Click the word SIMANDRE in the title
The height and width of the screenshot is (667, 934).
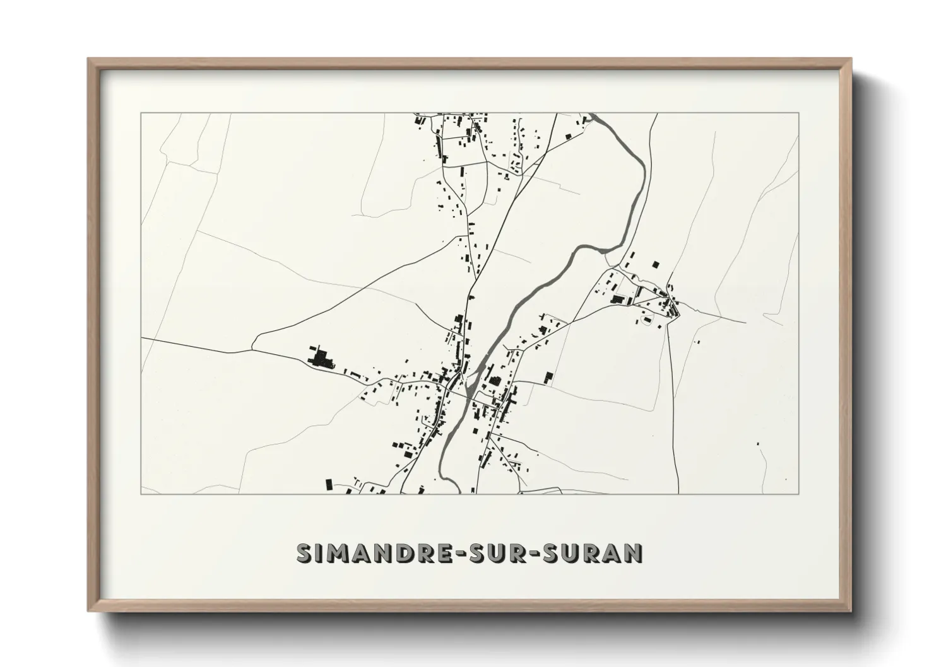[x=372, y=552]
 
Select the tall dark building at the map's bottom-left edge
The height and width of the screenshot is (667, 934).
[x=328, y=484]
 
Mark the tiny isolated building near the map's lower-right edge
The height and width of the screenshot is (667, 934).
[x=759, y=444]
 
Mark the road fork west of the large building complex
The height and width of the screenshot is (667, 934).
[x=252, y=349]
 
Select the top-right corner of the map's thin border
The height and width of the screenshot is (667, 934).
[x=799, y=113]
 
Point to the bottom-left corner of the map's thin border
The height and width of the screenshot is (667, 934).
[x=141, y=494]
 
